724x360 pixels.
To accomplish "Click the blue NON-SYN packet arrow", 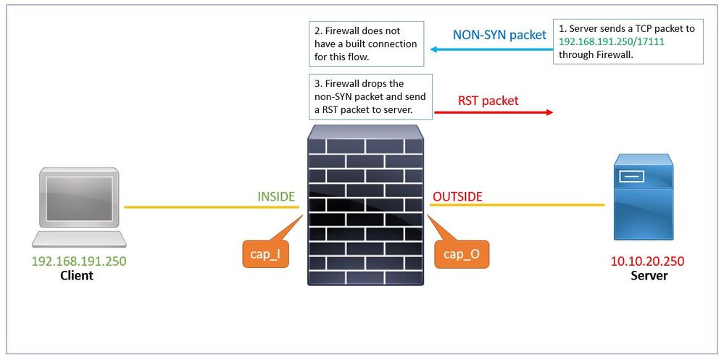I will pyautogui.click(x=489, y=50).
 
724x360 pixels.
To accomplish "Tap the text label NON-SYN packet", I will pyautogui.click(x=499, y=35).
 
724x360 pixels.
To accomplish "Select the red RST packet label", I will pyautogui.click(x=488, y=101).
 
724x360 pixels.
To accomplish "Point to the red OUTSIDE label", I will pyautogui.click(x=457, y=196).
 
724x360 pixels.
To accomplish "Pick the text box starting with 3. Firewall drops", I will pyautogui.click(x=370, y=96).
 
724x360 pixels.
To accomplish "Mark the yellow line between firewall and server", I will pyautogui.click(x=517, y=205).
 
